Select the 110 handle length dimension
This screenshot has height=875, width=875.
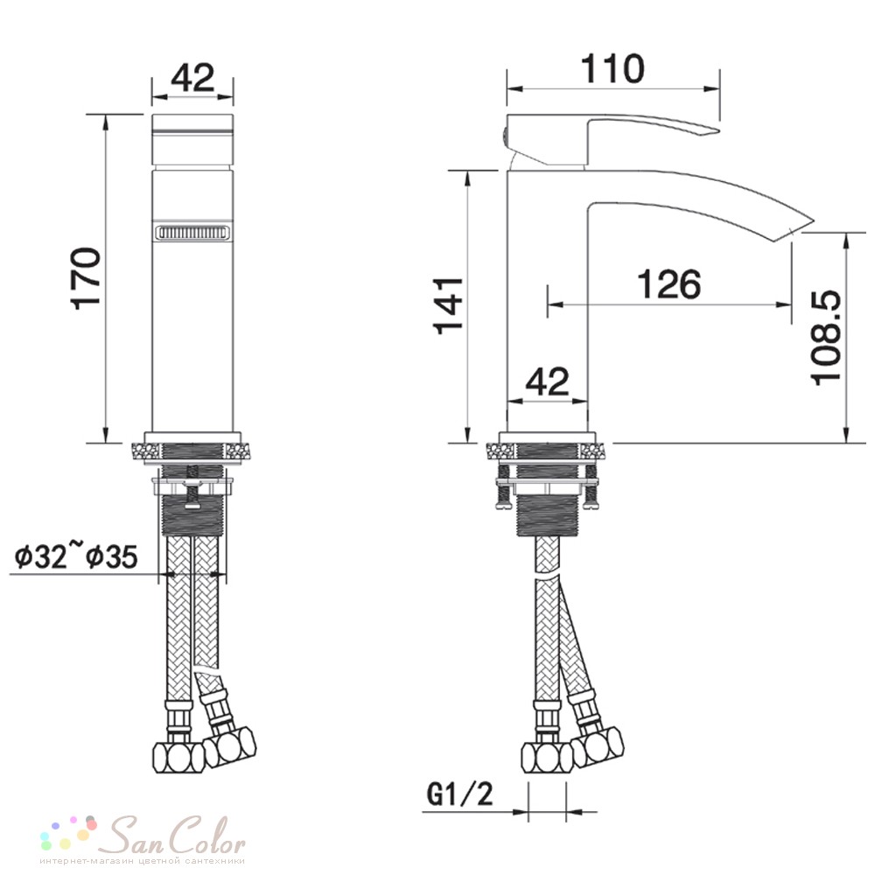pyautogui.click(x=612, y=68)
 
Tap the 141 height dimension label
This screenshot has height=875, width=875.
pyautogui.click(x=449, y=305)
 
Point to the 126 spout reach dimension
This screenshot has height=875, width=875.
pyautogui.click(x=669, y=283)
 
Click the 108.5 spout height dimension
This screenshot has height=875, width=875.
pyautogui.click(x=826, y=337)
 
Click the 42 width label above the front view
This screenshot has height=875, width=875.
pyautogui.click(x=192, y=78)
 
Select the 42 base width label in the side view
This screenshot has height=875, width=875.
pyautogui.click(x=548, y=381)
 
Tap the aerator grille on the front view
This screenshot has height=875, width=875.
pyautogui.click(x=192, y=232)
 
